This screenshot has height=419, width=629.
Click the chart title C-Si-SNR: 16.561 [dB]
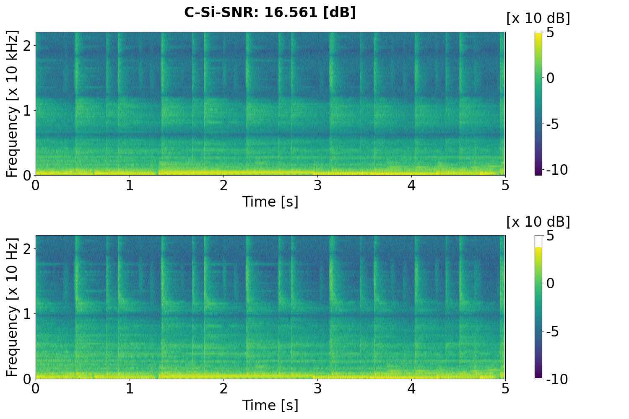pyautogui.click(x=270, y=13)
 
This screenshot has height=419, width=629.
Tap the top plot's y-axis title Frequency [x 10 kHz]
pyautogui.click(x=13, y=103)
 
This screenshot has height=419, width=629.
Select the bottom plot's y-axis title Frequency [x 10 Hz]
pyautogui.click(x=13, y=307)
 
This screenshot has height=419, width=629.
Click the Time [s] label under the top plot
pyautogui.click(x=270, y=202)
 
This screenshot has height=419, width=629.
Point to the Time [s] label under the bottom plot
pyautogui.click(x=270, y=405)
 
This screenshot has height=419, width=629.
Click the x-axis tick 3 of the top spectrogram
pyautogui.click(x=317, y=185)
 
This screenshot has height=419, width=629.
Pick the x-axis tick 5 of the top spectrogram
pyautogui.click(x=505, y=185)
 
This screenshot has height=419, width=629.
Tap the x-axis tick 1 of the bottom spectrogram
pyautogui.click(x=130, y=388)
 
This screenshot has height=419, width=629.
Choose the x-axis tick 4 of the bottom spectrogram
pyautogui.click(x=411, y=388)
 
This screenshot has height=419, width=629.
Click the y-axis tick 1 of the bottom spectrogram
pyautogui.click(x=27, y=314)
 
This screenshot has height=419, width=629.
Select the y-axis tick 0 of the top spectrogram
pyautogui.click(x=27, y=175)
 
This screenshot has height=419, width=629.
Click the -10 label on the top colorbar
pyautogui.click(x=557, y=170)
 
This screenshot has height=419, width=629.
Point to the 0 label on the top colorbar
pyautogui.click(x=550, y=78)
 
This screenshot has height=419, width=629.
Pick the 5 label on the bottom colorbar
pyautogui.click(x=550, y=236)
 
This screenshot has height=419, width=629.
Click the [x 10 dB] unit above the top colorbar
pyautogui.click(x=538, y=18)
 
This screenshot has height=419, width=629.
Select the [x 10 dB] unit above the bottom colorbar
pyautogui.click(x=538, y=222)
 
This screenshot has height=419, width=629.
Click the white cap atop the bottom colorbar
pyautogui.click(x=538, y=241)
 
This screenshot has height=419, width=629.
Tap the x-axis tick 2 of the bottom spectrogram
pyautogui.click(x=224, y=388)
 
